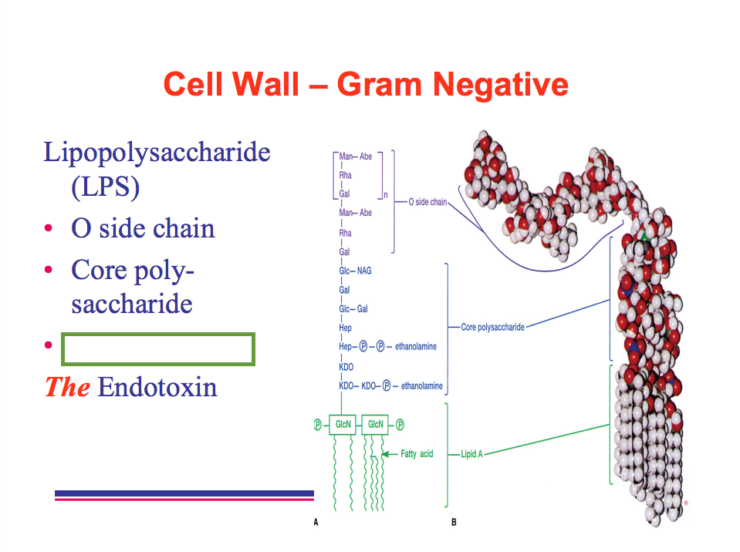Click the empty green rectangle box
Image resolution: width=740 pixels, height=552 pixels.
(158, 349)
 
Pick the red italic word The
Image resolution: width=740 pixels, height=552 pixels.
(68, 386)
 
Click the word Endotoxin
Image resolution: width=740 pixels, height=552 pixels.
(157, 386)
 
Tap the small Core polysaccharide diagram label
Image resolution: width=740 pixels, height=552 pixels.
(492, 327)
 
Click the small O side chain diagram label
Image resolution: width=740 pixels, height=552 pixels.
(427, 202)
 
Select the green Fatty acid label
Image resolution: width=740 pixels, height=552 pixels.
(417, 454)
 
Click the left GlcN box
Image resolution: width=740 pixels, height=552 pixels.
(342, 424)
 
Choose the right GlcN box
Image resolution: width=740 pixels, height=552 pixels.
(376, 424)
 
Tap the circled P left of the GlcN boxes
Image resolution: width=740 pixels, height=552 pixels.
(317, 424)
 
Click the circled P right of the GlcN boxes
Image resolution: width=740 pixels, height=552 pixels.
(400, 424)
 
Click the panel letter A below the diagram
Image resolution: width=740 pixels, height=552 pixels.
(316, 523)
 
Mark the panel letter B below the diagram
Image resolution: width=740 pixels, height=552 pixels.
(454, 523)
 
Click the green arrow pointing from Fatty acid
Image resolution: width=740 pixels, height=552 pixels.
(388, 454)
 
